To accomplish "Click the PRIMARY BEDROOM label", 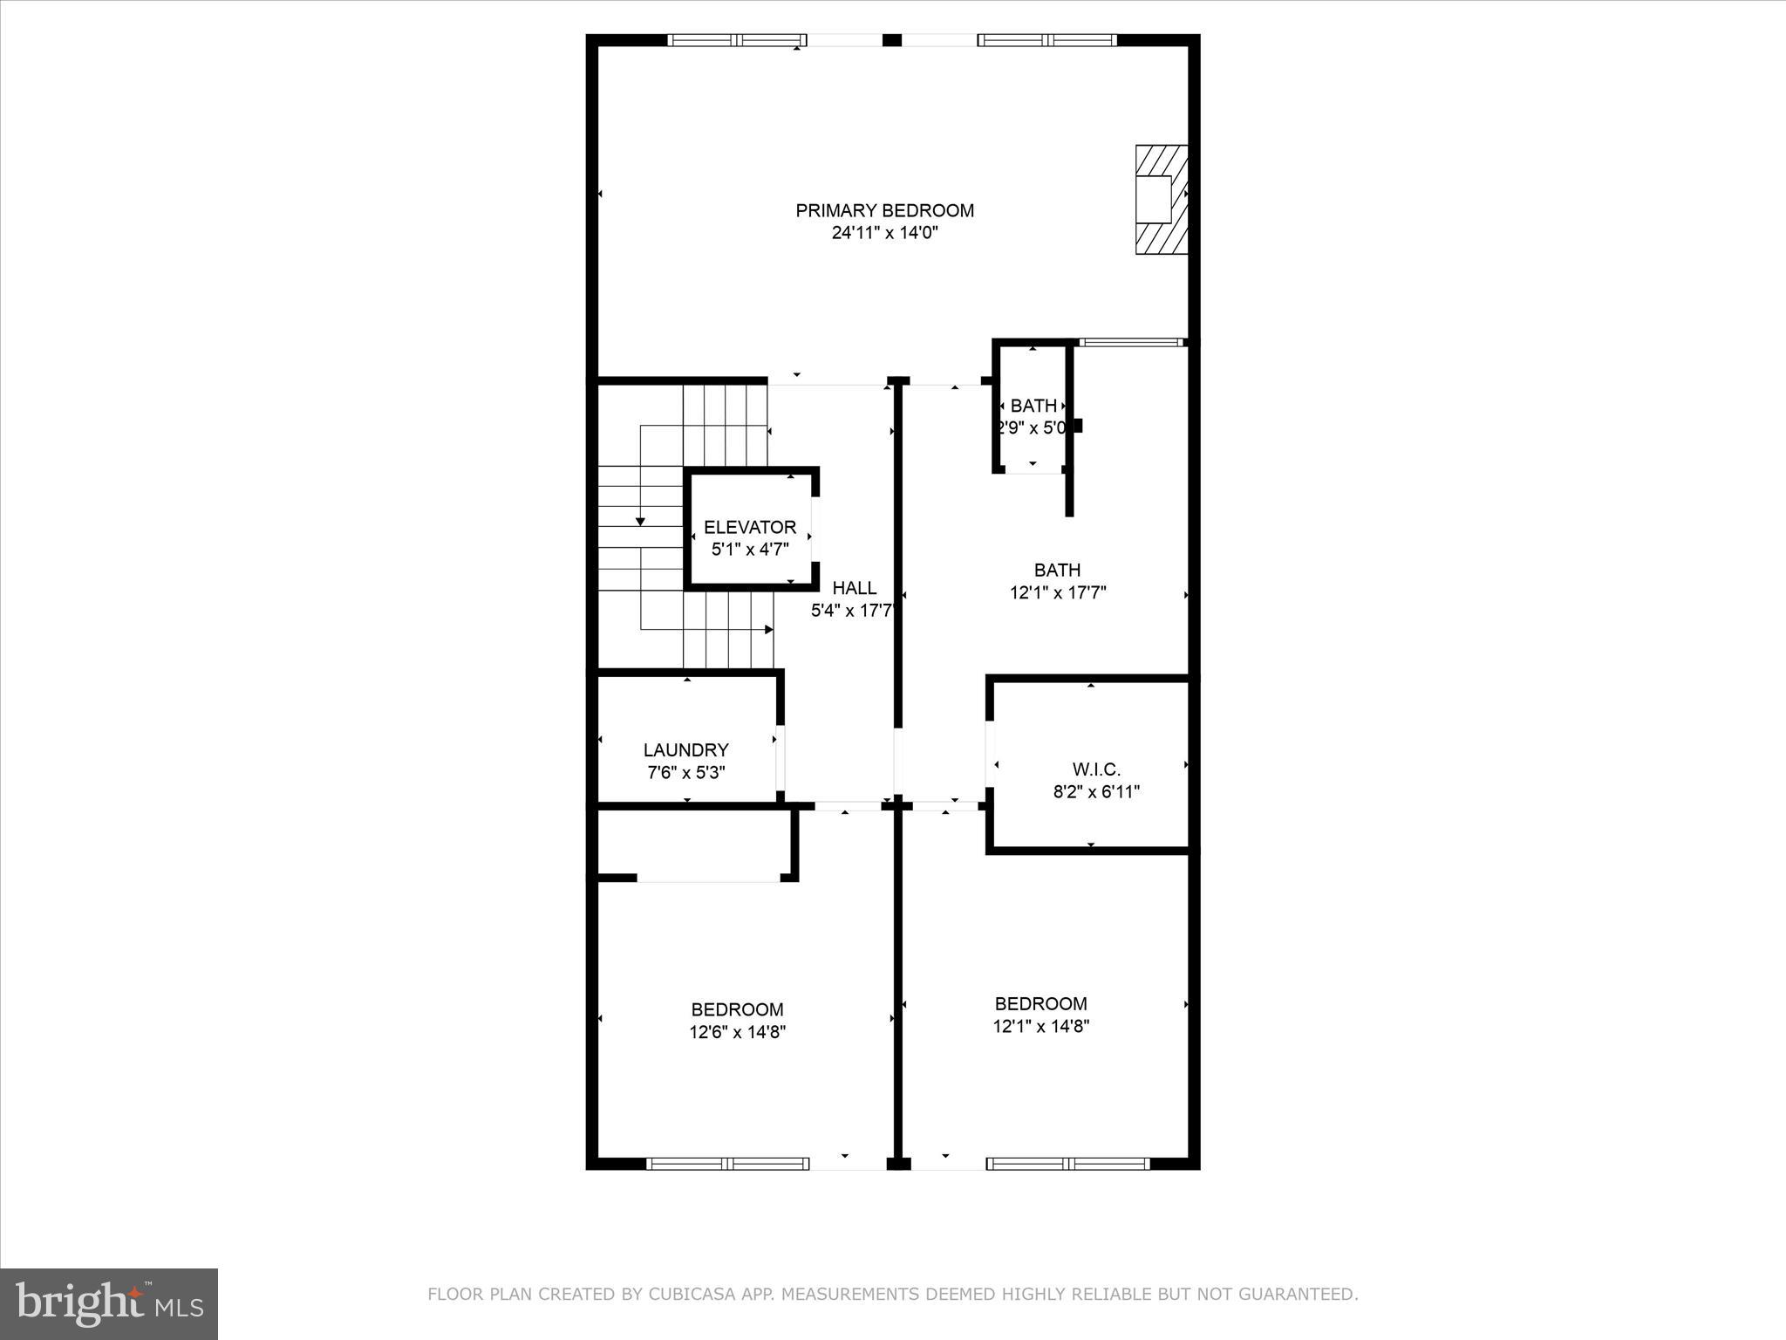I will (884, 210).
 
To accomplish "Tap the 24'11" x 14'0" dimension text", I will (884, 233).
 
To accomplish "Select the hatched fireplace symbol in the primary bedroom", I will (1161, 200).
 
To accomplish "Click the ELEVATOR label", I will (750, 527).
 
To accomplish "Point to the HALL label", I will (854, 588).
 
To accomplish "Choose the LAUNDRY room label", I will (685, 749).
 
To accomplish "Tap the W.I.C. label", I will (1096, 769).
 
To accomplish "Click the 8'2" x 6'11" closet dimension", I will (1096, 792).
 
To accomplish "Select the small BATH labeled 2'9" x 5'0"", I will (1033, 406).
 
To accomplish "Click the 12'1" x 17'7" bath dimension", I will (1058, 593).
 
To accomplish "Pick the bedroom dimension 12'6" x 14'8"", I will (737, 1032).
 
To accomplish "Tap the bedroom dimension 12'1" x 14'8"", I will (1041, 1026).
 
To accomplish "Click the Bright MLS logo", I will (109, 1303).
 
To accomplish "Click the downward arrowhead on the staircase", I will (640, 521).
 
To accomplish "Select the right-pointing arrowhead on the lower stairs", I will (769, 629).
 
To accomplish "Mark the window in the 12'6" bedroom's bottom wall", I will (727, 1163).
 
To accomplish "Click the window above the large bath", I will (1131, 343).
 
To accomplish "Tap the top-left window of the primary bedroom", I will (737, 40).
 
